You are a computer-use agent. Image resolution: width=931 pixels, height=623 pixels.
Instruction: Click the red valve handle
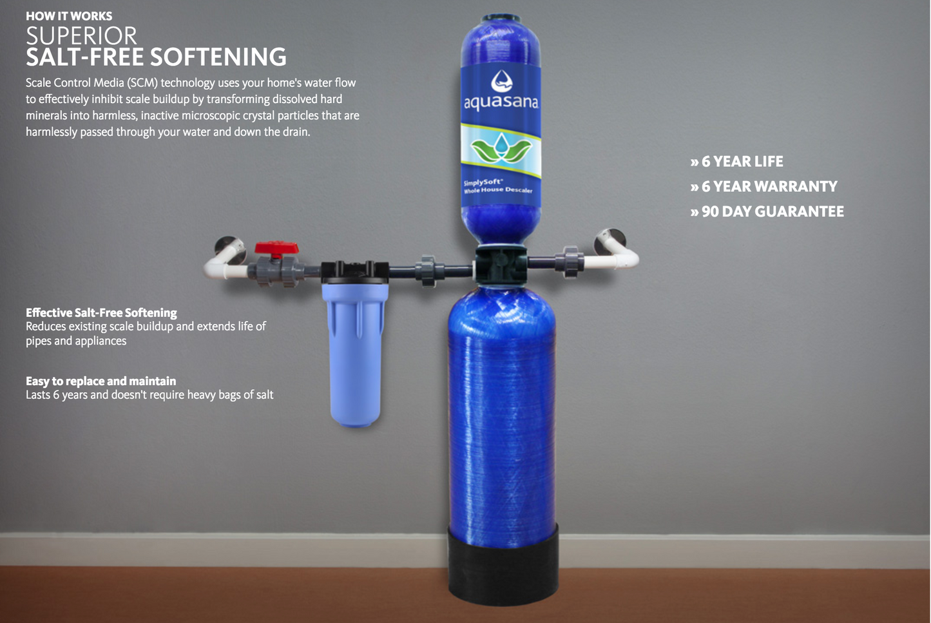click(276, 248)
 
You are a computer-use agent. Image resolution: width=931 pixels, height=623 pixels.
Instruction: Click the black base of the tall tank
click(503, 564)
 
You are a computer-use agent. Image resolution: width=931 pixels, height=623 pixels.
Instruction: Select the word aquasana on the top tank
click(501, 102)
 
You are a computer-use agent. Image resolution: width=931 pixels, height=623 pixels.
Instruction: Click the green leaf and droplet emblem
click(501, 150)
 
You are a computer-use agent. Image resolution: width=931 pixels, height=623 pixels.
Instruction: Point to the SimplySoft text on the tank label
click(483, 182)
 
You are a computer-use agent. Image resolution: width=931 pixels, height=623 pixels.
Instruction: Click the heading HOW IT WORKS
click(69, 16)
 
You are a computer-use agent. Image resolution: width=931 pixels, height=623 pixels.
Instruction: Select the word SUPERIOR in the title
click(81, 36)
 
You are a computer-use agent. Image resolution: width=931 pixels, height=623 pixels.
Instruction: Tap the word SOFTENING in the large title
click(218, 57)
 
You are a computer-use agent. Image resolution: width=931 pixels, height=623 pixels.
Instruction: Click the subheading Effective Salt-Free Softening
click(101, 312)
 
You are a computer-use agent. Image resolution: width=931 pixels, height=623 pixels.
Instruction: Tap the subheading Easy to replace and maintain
click(101, 381)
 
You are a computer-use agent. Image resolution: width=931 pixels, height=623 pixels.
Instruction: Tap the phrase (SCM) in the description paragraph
click(142, 83)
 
